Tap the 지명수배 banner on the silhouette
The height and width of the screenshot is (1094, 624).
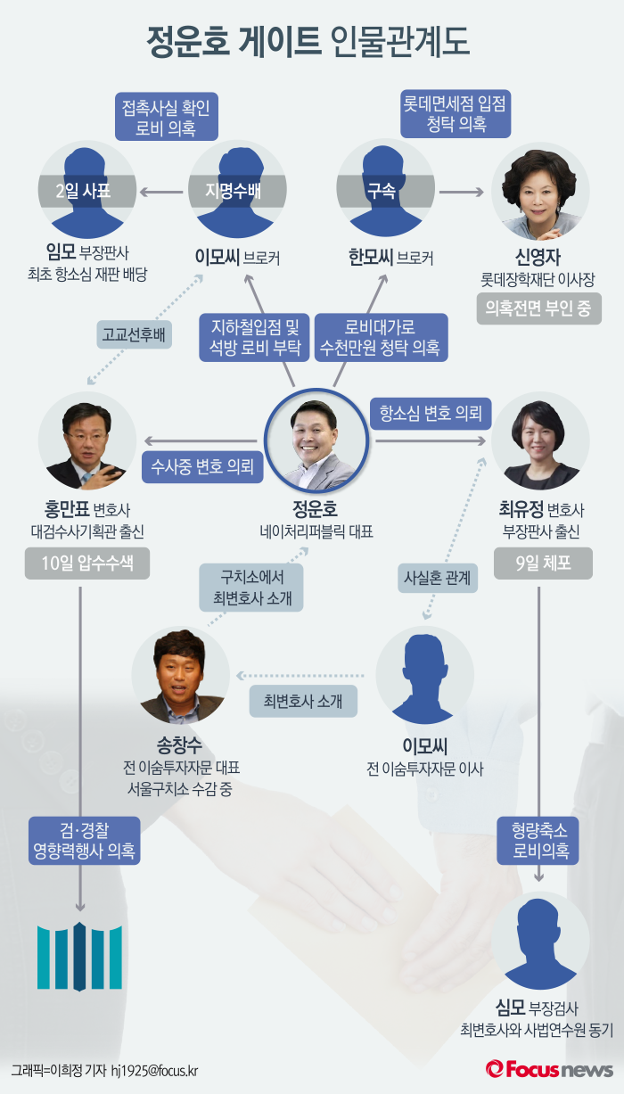pyautogui.click(x=238, y=190)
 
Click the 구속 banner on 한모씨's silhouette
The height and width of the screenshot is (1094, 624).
pyautogui.click(x=386, y=190)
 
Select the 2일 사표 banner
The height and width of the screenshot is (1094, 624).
pyautogui.click(x=87, y=190)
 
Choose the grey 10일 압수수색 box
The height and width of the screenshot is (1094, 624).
pyautogui.click(x=86, y=563)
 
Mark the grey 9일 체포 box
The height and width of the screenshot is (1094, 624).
pyautogui.click(x=540, y=563)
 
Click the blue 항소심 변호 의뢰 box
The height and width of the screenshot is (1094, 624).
pyautogui.click(x=430, y=413)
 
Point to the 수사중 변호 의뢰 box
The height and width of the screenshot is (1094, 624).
pyautogui.click(x=202, y=465)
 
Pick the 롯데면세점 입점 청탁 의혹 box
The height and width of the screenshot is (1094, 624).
pyautogui.click(x=455, y=115)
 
